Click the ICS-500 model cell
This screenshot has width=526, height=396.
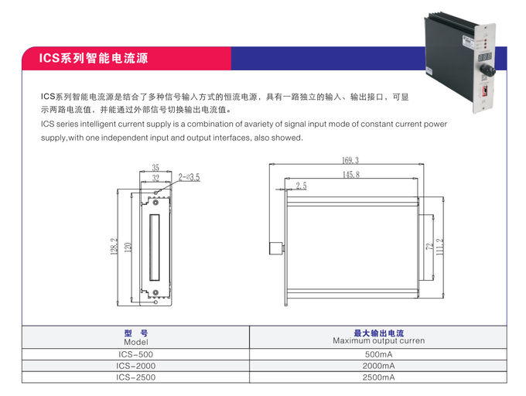click(135, 354)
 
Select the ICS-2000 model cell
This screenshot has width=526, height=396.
click(135, 366)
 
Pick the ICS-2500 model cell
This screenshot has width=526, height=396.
click(135, 377)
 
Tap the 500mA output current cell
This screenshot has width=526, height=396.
click(379, 354)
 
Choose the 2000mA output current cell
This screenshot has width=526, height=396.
click(379, 366)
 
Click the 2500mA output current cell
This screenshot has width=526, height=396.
click(379, 377)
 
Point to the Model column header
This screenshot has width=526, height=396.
click(135, 337)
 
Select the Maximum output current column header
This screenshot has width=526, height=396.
click(379, 337)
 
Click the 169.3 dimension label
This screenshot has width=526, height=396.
click(350, 160)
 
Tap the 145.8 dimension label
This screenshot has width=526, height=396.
click(350, 176)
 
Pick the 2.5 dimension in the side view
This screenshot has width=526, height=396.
click(301, 186)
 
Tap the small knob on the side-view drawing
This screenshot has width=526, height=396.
click(275, 248)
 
